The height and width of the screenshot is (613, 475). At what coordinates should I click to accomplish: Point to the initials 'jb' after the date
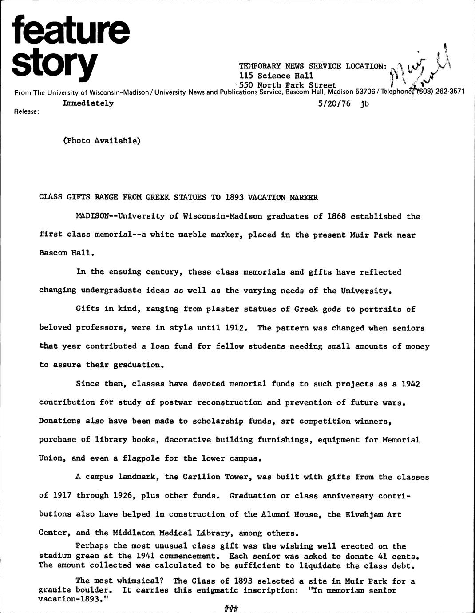pyautogui.click(x=364, y=104)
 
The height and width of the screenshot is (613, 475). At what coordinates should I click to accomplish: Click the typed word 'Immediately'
pyautogui.click(x=88, y=103)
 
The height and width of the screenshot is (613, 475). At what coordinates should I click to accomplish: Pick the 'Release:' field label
pyautogui.click(x=27, y=112)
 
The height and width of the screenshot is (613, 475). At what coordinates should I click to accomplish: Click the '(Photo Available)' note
pyautogui.click(x=102, y=140)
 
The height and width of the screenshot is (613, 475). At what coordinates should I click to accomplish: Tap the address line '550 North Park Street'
pyautogui.click(x=288, y=84)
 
